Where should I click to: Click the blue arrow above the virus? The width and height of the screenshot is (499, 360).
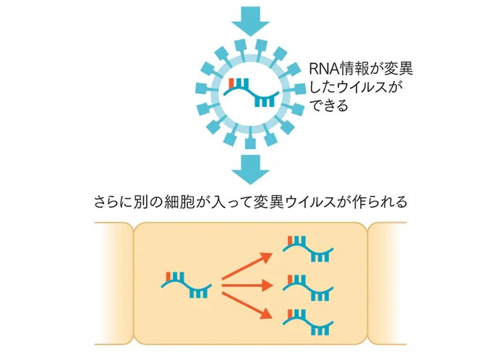click(x=249, y=20)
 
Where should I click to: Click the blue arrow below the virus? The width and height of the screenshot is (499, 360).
click(x=249, y=168)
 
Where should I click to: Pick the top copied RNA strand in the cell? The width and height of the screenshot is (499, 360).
click(x=310, y=250)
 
